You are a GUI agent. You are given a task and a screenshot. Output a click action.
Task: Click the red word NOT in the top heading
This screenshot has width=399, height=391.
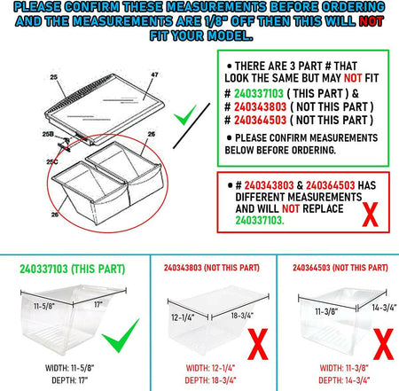click(x=372, y=21)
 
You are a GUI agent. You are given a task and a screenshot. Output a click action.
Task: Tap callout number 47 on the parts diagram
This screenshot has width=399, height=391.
click(x=154, y=74)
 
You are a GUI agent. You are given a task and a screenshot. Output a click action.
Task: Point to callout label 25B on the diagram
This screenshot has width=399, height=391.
click(x=48, y=134)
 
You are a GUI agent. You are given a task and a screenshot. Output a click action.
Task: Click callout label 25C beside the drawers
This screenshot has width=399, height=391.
click(x=52, y=161)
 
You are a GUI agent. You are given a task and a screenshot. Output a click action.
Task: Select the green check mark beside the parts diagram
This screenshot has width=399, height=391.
click(x=185, y=115)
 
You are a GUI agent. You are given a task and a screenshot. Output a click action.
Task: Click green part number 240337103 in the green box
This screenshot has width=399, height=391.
click(x=259, y=94)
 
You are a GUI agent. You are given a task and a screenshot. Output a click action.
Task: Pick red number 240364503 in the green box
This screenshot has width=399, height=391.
click(x=260, y=121)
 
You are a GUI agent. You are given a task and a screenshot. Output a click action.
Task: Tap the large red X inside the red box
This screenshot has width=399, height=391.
click(x=371, y=215)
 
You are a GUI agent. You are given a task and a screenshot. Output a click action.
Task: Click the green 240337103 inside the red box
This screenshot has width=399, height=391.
click(x=260, y=221)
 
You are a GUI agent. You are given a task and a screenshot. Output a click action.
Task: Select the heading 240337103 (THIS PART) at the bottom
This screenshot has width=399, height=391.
click(x=73, y=269)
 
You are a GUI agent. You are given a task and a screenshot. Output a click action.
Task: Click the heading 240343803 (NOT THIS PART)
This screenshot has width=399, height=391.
click(x=212, y=268)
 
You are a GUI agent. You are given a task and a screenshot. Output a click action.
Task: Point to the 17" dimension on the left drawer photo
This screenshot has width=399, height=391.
click(x=98, y=304)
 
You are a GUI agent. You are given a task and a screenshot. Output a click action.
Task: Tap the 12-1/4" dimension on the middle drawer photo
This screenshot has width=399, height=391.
click(x=183, y=317)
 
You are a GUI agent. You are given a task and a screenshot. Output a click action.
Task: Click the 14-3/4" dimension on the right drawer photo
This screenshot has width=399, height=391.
click(x=384, y=308)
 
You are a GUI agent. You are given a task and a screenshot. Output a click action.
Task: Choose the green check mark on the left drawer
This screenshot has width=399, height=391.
click(x=121, y=335)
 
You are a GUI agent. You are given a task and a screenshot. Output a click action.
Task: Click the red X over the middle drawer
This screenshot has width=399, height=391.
click(x=258, y=344)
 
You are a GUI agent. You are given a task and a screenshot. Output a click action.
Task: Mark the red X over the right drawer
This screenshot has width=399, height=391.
click(x=383, y=344)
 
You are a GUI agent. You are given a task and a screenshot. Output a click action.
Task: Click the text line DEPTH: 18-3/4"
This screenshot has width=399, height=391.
click(x=211, y=380)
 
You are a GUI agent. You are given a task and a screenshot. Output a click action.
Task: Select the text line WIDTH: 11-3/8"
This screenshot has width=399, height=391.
click(x=344, y=368)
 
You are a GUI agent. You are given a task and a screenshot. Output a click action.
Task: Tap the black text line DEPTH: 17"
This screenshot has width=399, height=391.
click(x=70, y=380)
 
